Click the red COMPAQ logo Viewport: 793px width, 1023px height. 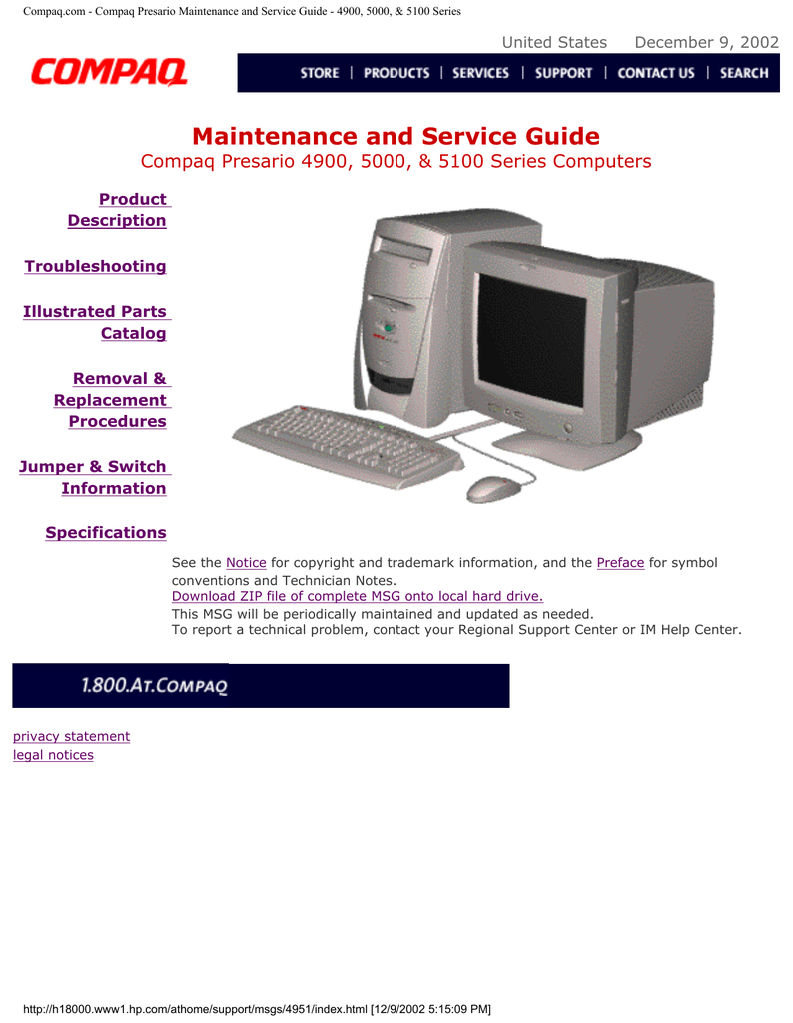[x=109, y=72]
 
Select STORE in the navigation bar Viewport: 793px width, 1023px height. [x=320, y=73]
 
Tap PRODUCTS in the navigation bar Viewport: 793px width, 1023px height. [x=396, y=73]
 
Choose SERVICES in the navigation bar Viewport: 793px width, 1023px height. [x=480, y=73]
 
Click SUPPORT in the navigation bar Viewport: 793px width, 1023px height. [x=564, y=73]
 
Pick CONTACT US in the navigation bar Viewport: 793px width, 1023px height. [x=656, y=73]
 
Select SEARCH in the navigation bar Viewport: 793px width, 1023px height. [x=744, y=73]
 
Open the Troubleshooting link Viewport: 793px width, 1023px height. [x=95, y=266]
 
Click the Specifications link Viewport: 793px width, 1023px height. [x=106, y=533]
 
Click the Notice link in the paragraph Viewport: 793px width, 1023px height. [x=246, y=563]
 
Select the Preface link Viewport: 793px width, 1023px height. [x=620, y=563]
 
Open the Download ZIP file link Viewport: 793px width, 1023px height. [x=358, y=596]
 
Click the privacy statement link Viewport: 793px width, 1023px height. [x=71, y=736]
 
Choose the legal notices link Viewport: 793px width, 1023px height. [x=53, y=755]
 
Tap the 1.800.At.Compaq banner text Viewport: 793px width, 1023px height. [x=155, y=685]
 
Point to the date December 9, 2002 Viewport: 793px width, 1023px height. [x=707, y=42]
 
